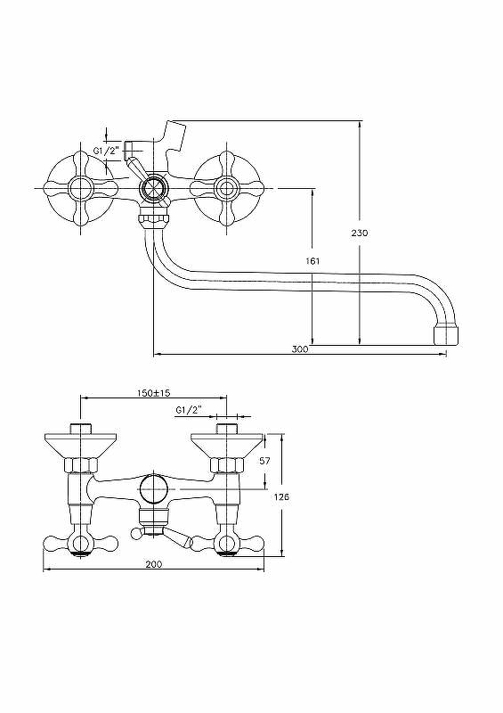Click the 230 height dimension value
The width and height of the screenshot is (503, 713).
[x=360, y=233]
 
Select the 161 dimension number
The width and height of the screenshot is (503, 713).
[x=312, y=261]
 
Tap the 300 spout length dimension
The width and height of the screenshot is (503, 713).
[x=300, y=349]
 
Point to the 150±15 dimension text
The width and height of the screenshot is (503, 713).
[x=154, y=393]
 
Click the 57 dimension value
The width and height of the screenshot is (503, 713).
[x=265, y=461]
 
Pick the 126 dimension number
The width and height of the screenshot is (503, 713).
[x=281, y=496]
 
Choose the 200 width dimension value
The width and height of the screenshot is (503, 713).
[x=154, y=564]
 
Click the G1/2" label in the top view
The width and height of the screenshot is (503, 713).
[x=106, y=151]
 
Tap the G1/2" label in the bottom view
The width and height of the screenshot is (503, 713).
[x=188, y=410]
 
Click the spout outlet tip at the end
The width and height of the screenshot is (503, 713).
[x=446, y=333]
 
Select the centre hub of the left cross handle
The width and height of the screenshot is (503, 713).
[x=80, y=188]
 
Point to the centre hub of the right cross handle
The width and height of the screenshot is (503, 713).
[x=226, y=188]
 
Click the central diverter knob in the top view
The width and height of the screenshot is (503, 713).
[x=154, y=188]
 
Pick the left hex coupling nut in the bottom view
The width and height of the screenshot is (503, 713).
[x=81, y=465]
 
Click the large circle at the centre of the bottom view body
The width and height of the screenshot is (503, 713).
[x=154, y=489]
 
